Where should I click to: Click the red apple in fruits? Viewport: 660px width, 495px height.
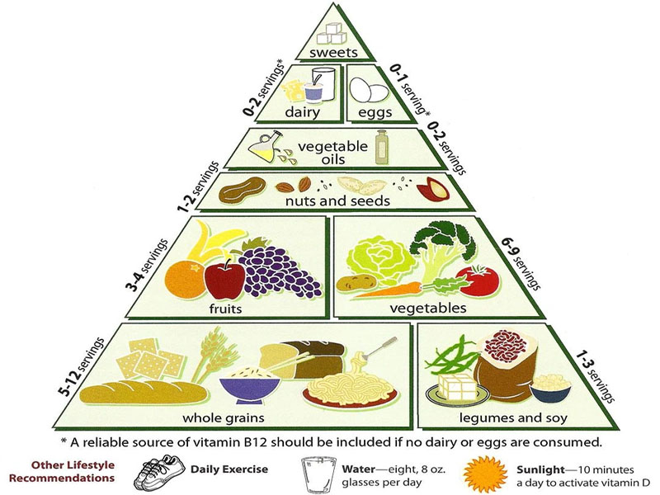click(x=224, y=278)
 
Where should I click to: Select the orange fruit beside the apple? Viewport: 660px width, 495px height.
click(x=184, y=281)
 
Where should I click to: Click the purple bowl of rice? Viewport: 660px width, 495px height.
click(x=248, y=384)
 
